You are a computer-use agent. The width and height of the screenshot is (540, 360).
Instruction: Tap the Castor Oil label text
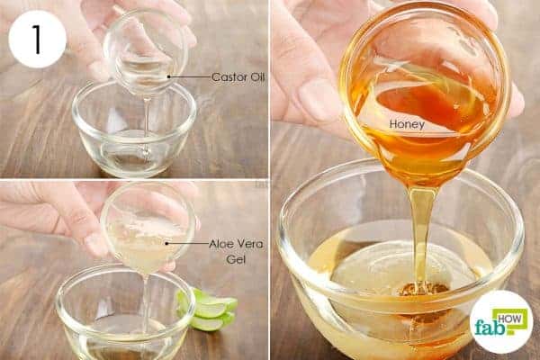[x=238, y=76]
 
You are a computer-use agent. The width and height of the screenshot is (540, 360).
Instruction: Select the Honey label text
[x=407, y=124]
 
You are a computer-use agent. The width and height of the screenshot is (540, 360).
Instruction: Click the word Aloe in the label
[x=221, y=244]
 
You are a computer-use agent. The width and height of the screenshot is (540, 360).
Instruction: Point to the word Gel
[x=236, y=258]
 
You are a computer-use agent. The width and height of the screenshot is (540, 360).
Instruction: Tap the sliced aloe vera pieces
[x=207, y=310]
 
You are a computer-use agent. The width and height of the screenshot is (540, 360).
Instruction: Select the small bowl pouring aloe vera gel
[x=148, y=227]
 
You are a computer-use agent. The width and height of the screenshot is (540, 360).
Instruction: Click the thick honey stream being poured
[x=422, y=234]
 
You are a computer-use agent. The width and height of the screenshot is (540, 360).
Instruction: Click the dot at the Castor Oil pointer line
[x=169, y=76]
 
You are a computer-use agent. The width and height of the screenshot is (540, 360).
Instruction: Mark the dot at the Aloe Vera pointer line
[x=166, y=243]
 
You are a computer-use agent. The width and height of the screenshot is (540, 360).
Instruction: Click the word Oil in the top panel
[x=256, y=76]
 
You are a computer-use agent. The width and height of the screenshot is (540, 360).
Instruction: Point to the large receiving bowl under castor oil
[x=134, y=130]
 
